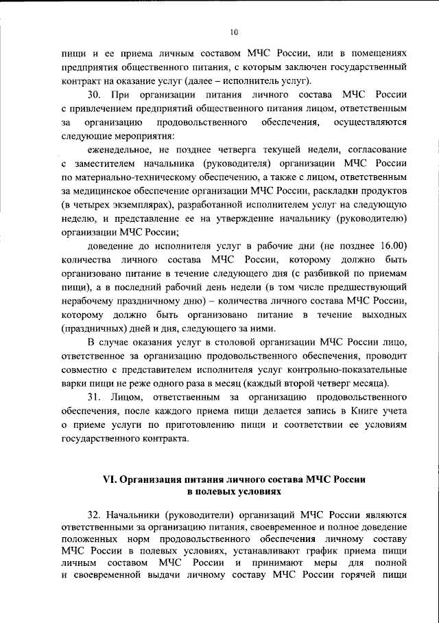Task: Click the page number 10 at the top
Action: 234,32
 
